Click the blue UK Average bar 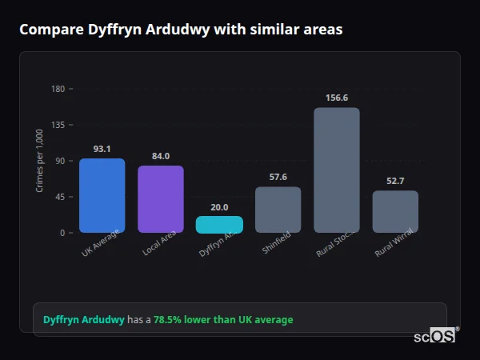(102, 196)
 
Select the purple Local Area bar (161, 199)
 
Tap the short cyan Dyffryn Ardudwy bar (219, 225)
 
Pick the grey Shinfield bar (278, 210)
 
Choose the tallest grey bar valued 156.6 (337, 170)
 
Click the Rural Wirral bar (395, 212)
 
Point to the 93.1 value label (102, 149)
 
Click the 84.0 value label (161, 156)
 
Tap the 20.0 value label (219, 207)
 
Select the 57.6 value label (278, 177)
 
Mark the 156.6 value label (337, 98)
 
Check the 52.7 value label (395, 181)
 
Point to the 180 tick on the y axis (58, 89)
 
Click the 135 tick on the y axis (58, 125)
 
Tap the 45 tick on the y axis (60, 197)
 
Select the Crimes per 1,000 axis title (39, 161)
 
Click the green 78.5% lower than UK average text (223, 319)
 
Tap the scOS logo (434, 337)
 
